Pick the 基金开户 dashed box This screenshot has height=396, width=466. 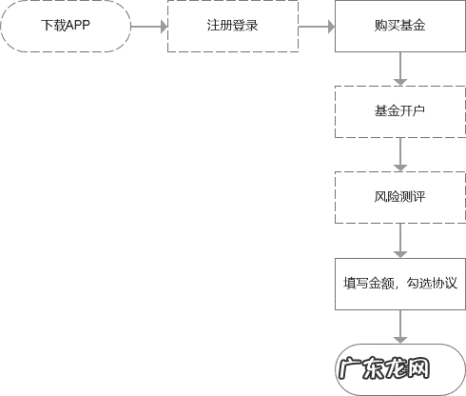pos(400,112)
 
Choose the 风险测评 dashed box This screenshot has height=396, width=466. pos(400,198)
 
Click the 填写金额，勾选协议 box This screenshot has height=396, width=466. pos(400,284)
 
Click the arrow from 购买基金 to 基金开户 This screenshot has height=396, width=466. pos(400,69)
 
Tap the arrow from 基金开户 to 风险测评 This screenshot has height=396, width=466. pos(400,155)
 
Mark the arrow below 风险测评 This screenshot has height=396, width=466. pos(400,241)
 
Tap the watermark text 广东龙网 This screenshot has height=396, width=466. pos(385,368)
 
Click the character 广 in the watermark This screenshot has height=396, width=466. pos(352,368)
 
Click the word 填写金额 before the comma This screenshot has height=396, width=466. pos(366,284)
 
